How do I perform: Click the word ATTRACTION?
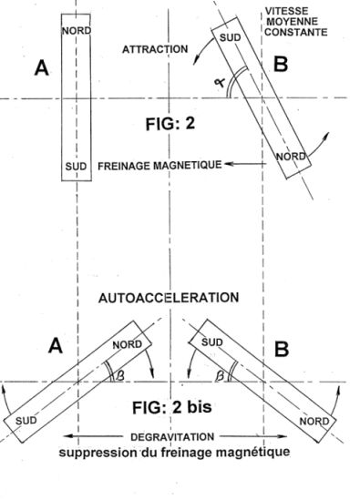155,49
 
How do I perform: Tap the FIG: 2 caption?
170,123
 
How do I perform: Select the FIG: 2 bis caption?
172,407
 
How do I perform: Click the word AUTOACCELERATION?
169,298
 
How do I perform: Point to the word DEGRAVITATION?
172,437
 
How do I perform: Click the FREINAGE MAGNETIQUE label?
159,165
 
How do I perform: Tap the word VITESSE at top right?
286,11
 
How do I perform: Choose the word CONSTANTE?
296,32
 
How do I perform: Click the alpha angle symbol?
220,83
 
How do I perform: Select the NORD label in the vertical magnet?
77,31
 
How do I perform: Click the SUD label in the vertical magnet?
76,166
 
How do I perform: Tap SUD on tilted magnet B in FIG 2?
230,37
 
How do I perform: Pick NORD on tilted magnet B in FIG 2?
291,157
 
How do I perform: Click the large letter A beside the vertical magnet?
42,68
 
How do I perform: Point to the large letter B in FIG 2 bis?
282,349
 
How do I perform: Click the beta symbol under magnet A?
119,375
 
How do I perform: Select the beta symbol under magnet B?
220,375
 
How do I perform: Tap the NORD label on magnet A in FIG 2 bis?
127,344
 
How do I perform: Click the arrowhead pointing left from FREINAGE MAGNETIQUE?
229,164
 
